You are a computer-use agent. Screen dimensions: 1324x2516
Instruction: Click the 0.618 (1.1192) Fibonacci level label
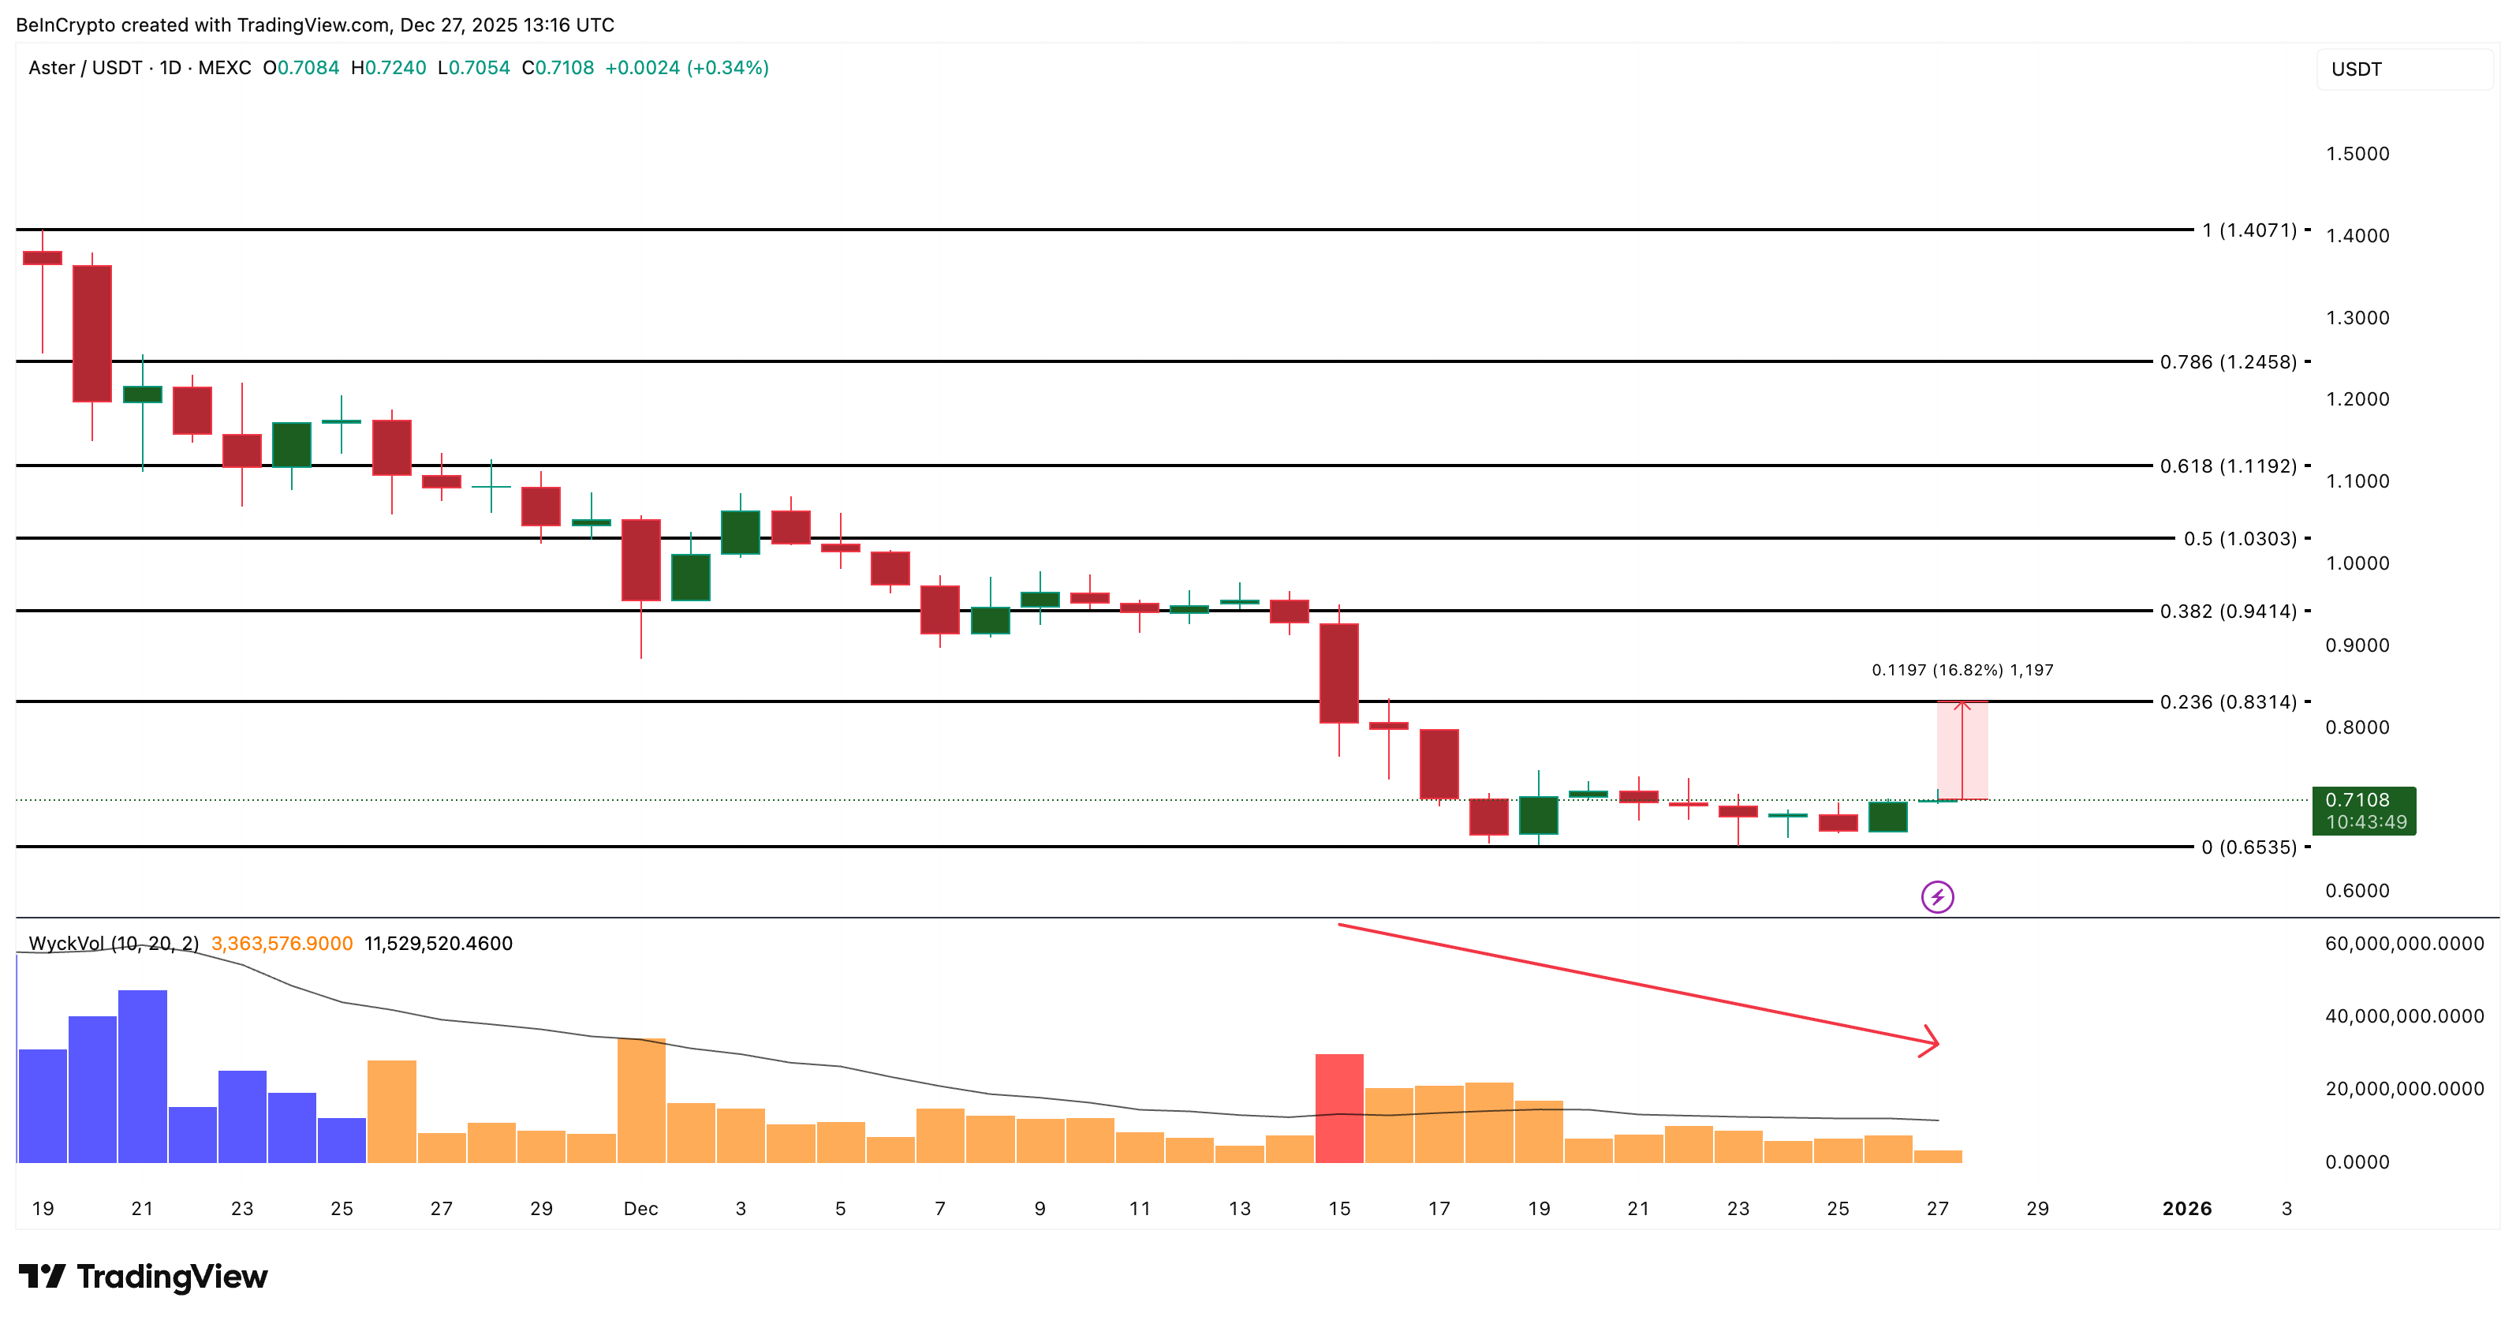click(x=2228, y=466)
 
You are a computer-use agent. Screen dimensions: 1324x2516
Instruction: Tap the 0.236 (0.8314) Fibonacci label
click(x=2228, y=701)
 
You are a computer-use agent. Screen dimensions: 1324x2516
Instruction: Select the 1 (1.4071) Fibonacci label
click(x=2249, y=230)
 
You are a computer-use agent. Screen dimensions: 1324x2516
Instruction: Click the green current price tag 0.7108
click(x=2363, y=810)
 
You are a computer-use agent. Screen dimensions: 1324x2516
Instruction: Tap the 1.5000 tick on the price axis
click(x=2357, y=153)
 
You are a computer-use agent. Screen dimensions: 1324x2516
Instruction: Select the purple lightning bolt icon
click(x=1937, y=896)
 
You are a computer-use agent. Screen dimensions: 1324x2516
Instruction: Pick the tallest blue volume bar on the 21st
click(x=143, y=1075)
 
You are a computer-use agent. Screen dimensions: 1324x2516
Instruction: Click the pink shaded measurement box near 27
click(x=1962, y=750)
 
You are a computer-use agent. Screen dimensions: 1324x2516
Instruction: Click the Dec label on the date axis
click(x=640, y=1209)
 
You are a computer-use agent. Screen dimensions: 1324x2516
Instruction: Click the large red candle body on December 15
click(x=1339, y=673)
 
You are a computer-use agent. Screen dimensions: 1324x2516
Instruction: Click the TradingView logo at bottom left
click(x=143, y=1276)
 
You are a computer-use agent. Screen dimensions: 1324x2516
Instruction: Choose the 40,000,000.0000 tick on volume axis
click(x=2404, y=1016)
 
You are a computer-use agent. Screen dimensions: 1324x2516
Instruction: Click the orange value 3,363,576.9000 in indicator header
click(x=282, y=943)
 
